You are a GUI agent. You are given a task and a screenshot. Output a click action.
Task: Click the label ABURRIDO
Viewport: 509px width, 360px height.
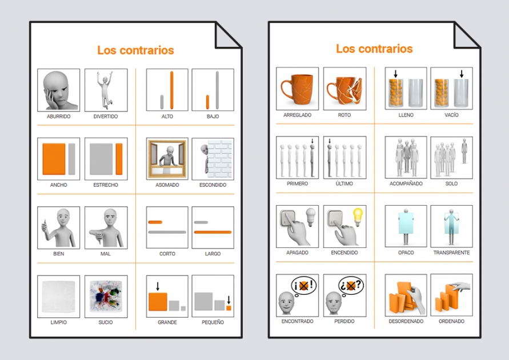tap(58, 117)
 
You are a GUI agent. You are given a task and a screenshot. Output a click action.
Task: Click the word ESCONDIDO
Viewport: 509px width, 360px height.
tap(213, 185)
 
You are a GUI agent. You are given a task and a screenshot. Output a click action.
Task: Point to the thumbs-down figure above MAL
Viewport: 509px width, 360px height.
tap(106, 227)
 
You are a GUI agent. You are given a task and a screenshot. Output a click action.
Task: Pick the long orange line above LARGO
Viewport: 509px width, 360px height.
tap(213, 232)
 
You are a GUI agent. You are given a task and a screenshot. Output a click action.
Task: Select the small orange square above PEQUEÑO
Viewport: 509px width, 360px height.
tap(229, 307)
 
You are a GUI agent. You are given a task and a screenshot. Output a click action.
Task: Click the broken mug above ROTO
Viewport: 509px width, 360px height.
tap(344, 89)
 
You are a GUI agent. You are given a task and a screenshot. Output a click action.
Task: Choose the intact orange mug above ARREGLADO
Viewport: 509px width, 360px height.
tap(297, 89)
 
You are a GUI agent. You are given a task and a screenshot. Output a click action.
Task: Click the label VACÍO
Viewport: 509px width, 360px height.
tap(451, 115)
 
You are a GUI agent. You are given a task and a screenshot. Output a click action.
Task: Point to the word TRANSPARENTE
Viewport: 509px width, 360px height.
tap(451, 253)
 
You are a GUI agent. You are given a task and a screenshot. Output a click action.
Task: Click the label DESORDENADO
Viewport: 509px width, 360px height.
tap(406, 321)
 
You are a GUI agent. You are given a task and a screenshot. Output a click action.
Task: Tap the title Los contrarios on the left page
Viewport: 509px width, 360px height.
tap(135, 50)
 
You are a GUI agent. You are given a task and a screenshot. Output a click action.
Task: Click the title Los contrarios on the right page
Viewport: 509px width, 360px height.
tap(374, 49)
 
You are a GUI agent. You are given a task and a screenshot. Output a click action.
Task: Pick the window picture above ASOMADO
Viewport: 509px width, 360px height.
tap(167, 159)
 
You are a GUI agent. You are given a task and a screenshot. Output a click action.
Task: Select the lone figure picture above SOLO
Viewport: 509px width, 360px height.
tap(451, 157)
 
